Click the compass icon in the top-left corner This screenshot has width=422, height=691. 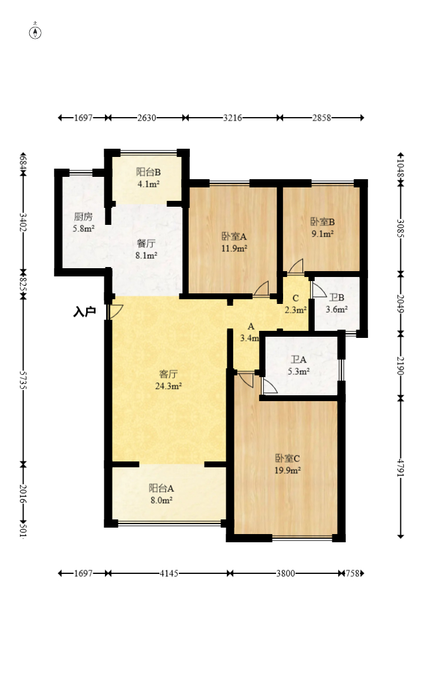[35, 32]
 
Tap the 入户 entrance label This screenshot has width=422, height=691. [84, 312]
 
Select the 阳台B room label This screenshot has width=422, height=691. [148, 172]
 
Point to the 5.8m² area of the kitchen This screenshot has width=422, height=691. [84, 228]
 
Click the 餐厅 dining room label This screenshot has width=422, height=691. [146, 243]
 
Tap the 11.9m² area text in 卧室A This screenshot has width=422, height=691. [234, 248]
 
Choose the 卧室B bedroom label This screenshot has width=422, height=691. [322, 222]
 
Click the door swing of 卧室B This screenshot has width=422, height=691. [297, 266]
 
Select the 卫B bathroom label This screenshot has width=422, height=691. [336, 297]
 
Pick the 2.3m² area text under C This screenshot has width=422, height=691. [295, 310]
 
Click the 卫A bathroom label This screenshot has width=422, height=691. [298, 360]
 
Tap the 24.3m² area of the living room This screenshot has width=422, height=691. [168, 386]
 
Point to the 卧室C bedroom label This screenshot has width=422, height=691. [288, 459]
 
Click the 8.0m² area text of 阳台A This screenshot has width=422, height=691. [161, 500]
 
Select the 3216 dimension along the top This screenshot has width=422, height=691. [232, 118]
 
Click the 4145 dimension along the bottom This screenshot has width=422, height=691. [169, 573]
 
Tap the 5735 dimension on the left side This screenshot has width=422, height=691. [23, 379]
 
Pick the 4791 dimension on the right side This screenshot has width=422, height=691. [400, 467]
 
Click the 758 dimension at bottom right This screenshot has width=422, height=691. [352, 573]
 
